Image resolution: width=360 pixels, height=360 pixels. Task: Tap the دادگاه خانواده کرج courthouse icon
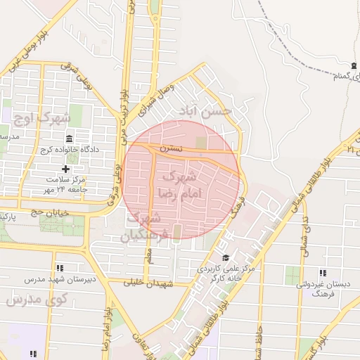(x=68, y=139)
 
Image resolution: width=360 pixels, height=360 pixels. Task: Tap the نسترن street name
(x=171, y=148)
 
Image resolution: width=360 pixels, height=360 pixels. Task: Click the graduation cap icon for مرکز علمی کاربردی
(x=225, y=258)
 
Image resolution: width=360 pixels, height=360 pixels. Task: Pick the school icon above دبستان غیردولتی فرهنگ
(x=323, y=273)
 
